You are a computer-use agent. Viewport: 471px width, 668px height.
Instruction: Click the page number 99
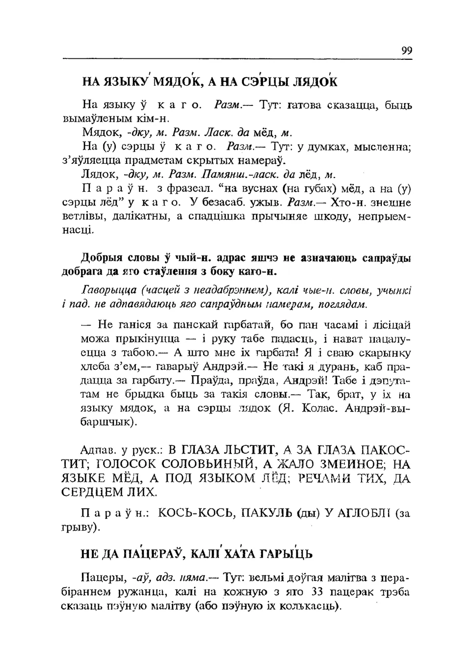pos(406,51)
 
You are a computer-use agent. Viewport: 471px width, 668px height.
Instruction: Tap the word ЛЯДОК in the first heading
pos(315,82)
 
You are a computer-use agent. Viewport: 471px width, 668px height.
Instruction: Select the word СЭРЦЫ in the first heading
pos(262,82)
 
